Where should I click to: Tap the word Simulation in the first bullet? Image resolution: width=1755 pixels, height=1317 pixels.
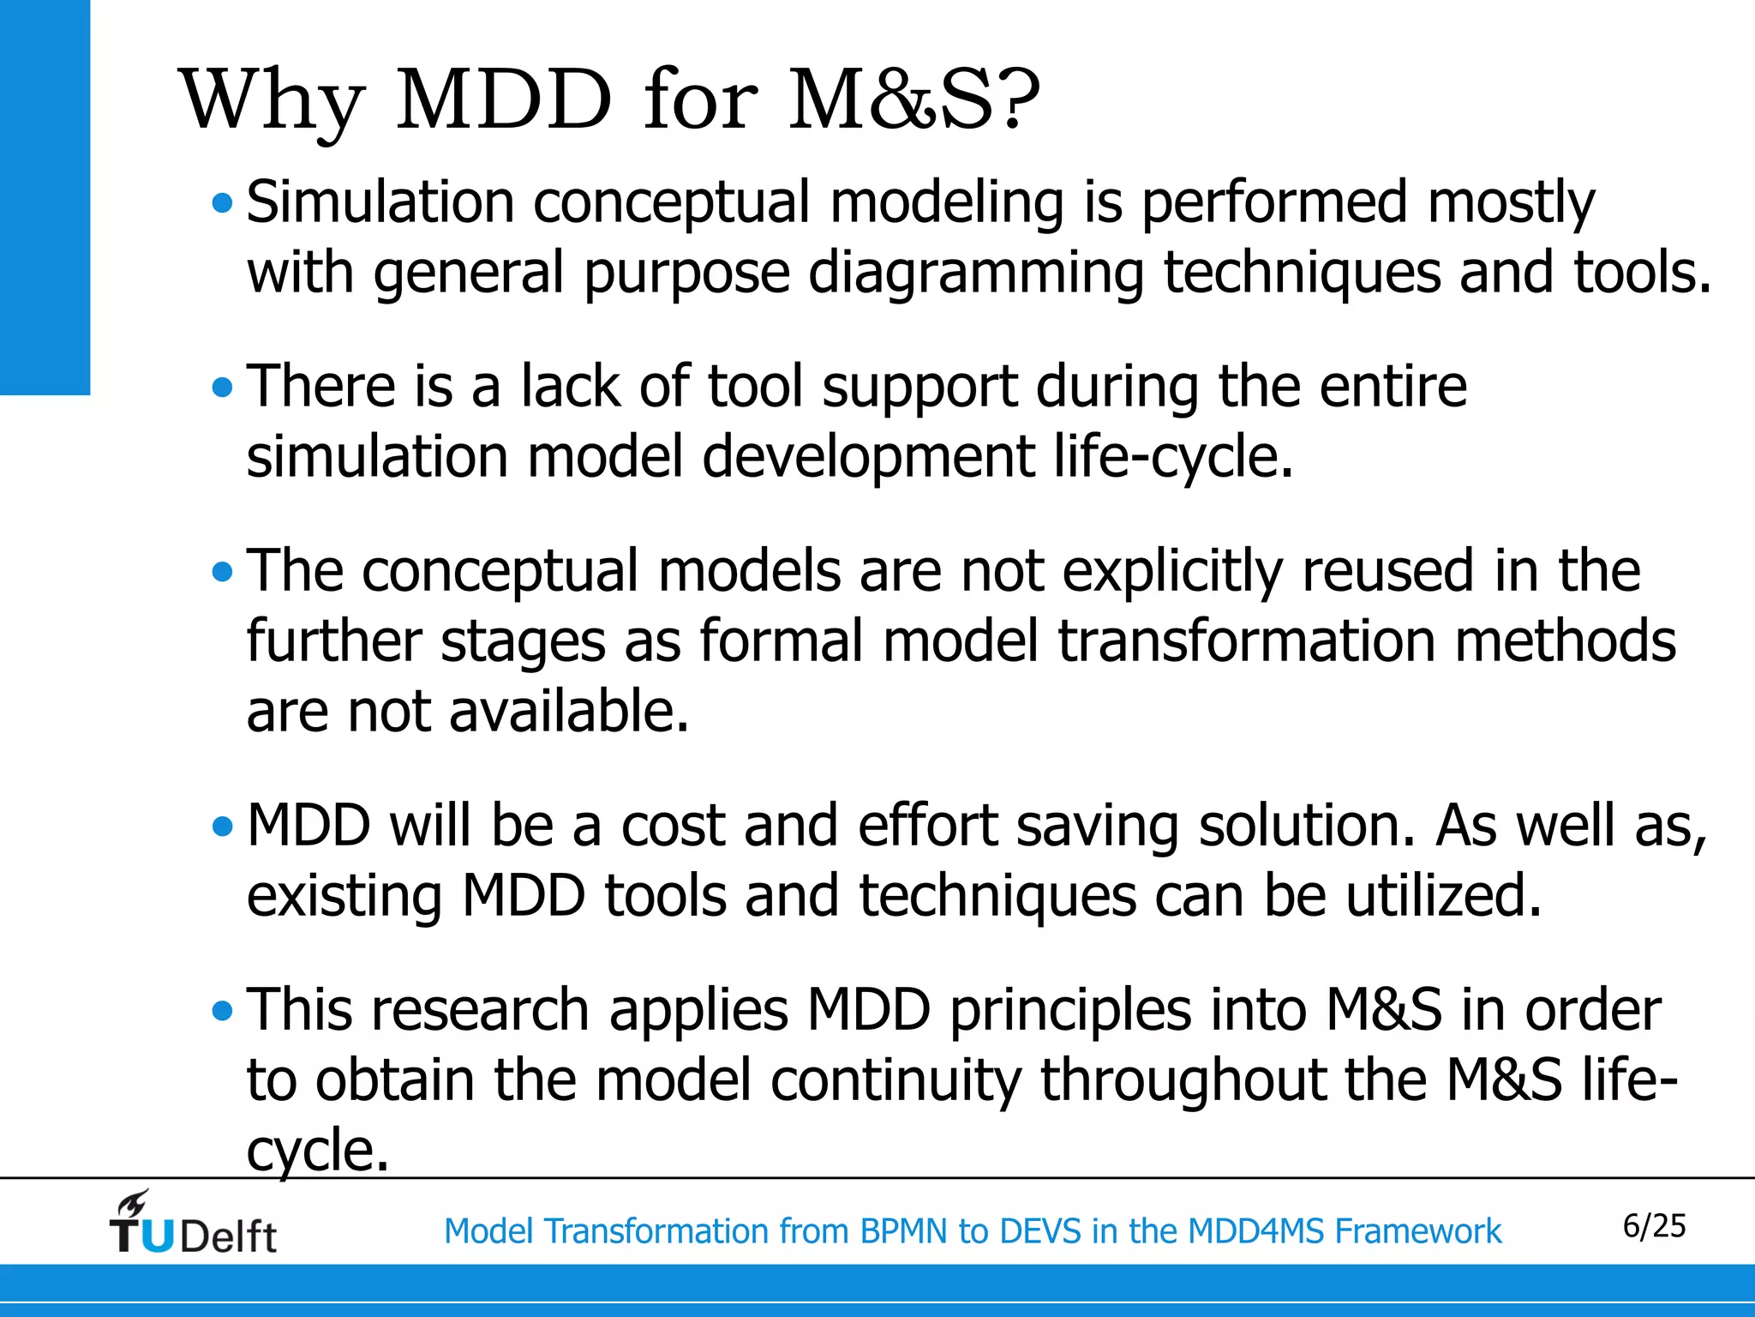coord(380,202)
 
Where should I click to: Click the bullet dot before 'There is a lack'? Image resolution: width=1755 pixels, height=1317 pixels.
coord(222,388)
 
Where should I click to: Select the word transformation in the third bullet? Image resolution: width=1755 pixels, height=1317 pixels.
coord(1246,641)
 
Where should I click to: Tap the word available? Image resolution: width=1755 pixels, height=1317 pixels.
coord(568,712)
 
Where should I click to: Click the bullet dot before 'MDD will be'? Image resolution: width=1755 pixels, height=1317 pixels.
coord(222,827)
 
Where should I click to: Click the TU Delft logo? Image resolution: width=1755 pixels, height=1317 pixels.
coord(193,1224)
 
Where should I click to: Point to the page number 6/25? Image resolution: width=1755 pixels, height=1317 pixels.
coord(1654,1226)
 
